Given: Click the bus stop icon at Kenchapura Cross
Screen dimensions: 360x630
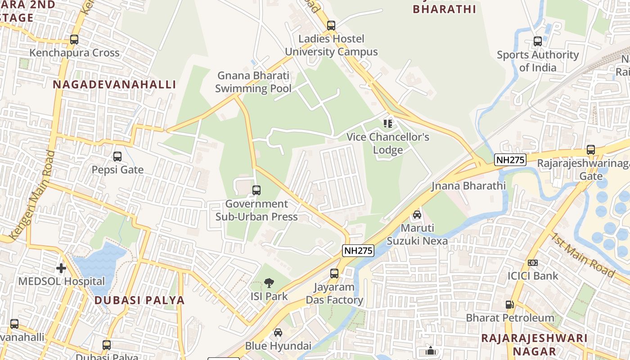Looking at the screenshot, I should click(x=74, y=40).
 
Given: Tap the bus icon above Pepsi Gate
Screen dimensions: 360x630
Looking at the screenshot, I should click(x=117, y=157).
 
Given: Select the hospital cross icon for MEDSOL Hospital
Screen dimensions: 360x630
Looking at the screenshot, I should click(x=61, y=269).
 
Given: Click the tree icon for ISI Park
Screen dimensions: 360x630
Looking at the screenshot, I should click(x=269, y=283).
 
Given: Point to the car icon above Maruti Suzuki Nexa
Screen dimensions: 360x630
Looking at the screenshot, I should click(x=417, y=215).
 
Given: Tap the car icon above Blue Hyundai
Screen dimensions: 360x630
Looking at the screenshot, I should click(x=278, y=333).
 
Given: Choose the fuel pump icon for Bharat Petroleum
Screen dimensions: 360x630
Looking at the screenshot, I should click(x=509, y=305).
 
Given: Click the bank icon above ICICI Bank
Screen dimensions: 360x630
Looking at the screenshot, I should click(x=533, y=263).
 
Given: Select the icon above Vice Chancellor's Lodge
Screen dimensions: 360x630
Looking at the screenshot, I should click(x=388, y=123).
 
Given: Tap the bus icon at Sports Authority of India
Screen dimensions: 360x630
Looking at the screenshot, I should click(x=537, y=41).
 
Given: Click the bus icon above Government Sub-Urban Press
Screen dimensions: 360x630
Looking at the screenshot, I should click(x=256, y=190).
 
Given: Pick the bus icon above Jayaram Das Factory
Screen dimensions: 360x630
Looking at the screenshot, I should click(x=334, y=274).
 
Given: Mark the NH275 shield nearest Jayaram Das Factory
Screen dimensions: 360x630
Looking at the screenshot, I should click(x=358, y=251).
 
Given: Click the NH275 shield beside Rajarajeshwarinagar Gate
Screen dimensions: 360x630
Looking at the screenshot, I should click(x=510, y=160).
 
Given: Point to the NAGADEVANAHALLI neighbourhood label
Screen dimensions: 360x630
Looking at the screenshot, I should click(x=114, y=85).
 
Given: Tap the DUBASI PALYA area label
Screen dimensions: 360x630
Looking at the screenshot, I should click(x=139, y=300).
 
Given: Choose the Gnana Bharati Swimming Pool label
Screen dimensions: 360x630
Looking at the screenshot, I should click(x=253, y=82).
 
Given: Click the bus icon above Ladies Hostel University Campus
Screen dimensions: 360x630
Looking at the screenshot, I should click(x=331, y=26).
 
